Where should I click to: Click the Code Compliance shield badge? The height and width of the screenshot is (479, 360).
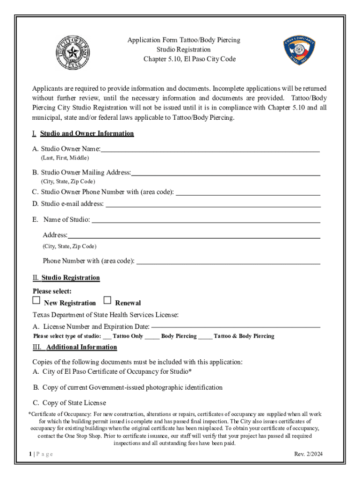[x=300, y=51]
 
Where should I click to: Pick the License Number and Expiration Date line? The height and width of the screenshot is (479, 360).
[x=236, y=327]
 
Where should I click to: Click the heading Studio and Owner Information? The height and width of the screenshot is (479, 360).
[x=87, y=134]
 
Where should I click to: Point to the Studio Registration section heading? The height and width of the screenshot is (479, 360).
[x=71, y=278]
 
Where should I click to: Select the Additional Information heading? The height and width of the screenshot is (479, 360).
[x=81, y=347]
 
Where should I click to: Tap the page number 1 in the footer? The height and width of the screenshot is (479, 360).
[x=29, y=454]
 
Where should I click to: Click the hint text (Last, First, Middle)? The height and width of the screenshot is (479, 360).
[x=65, y=158]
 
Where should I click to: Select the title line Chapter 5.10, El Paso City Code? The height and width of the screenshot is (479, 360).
[x=189, y=59]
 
